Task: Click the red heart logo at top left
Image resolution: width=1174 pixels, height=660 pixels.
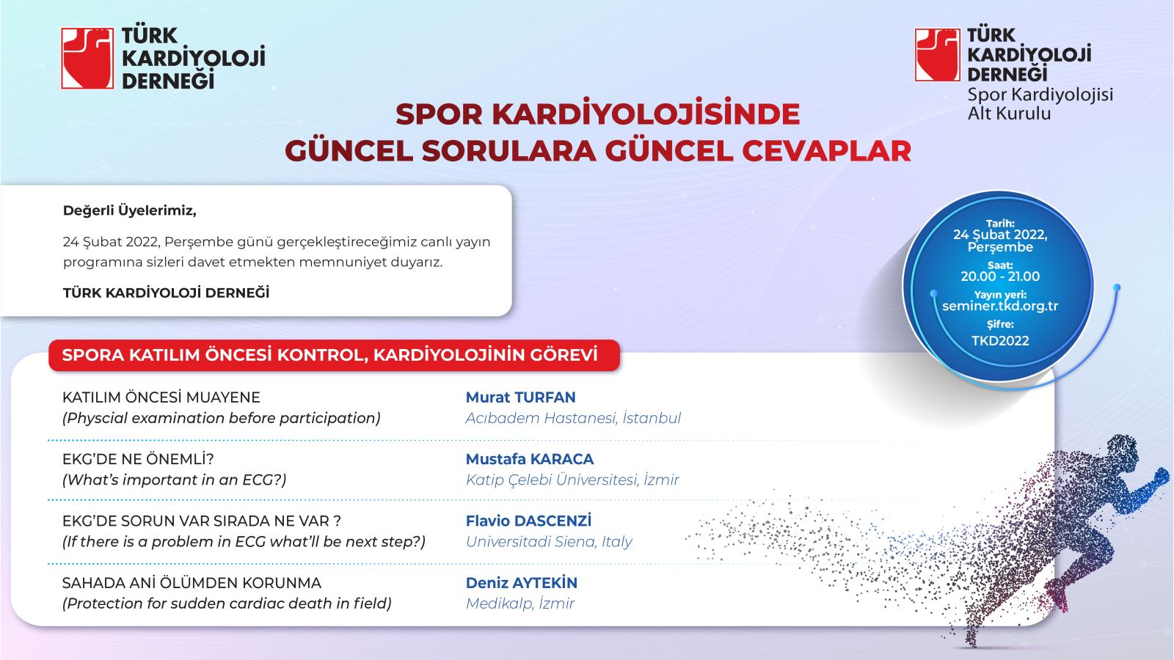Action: click(x=87, y=58)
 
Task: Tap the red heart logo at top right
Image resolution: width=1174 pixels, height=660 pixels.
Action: click(x=937, y=55)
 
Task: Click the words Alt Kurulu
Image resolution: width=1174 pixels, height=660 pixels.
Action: click(x=1009, y=113)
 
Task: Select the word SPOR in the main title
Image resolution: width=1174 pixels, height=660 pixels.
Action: click(x=439, y=114)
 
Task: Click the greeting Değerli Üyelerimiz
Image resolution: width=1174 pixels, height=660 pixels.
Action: click(x=129, y=210)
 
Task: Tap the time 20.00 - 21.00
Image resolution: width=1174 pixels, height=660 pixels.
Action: click(x=1000, y=276)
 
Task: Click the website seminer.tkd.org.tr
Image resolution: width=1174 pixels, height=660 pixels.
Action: click(x=1000, y=306)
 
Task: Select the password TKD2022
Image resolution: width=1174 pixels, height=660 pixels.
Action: click(x=1000, y=341)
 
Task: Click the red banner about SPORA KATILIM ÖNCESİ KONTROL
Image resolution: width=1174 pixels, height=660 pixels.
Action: click(x=335, y=355)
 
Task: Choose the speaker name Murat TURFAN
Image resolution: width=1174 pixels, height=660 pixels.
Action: click(x=520, y=397)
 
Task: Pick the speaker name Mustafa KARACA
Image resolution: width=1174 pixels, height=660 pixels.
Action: click(x=529, y=459)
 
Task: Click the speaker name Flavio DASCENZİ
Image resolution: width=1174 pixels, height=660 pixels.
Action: click(x=528, y=521)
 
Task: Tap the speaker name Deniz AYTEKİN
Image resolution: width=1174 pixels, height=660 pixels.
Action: click(x=522, y=582)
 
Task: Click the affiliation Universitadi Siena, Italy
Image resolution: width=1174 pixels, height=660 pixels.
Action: click(x=549, y=542)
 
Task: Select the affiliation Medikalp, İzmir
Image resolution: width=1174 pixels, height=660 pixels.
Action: click(x=520, y=604)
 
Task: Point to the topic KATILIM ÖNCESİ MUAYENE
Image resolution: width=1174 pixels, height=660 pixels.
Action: click(x=161, y=397)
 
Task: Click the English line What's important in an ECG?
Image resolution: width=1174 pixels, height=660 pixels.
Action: click(x=175, y=480)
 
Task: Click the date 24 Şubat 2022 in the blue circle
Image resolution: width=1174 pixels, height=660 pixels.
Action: click(x=1000, y=235)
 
